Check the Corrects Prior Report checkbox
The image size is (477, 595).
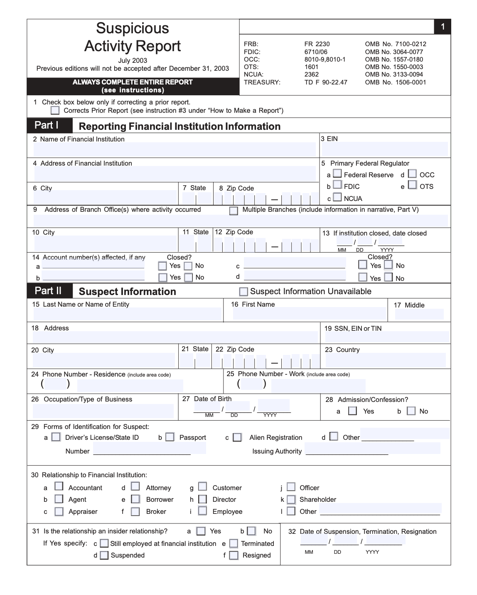click(x=55, y=110)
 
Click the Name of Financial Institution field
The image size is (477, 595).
click(x=175, y=149)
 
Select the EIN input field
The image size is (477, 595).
click(x=384, y=149)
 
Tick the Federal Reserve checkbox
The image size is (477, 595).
click(x=338, y=174)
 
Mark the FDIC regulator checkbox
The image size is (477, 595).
click(x=338, y=185)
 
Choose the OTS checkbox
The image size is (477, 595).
click(x=413, y=185)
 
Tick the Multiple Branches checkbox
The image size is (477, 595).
click(x=234, y=211)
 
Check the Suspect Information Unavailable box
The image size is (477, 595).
click(x=244, y=292)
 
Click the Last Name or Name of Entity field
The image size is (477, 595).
click(x=127, y=314)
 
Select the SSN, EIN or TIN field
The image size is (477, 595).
click(x=386, y=337)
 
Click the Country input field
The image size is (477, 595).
click(x=385, y=360)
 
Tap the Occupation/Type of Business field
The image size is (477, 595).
click(x=103, y=411)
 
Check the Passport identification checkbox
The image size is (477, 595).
click(x=170, y=437)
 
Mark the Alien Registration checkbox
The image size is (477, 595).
click(x=237, y=437)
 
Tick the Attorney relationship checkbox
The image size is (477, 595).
click(x=135, y=486)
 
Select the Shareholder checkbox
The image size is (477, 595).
click(x=291, y=499)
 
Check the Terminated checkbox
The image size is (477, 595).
click(x=234, y=543)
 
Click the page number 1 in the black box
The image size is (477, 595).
click(x=443, y=27)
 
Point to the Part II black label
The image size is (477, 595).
click(x=49, y=291)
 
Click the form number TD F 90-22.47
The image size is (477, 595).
click(x=326, y=82)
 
